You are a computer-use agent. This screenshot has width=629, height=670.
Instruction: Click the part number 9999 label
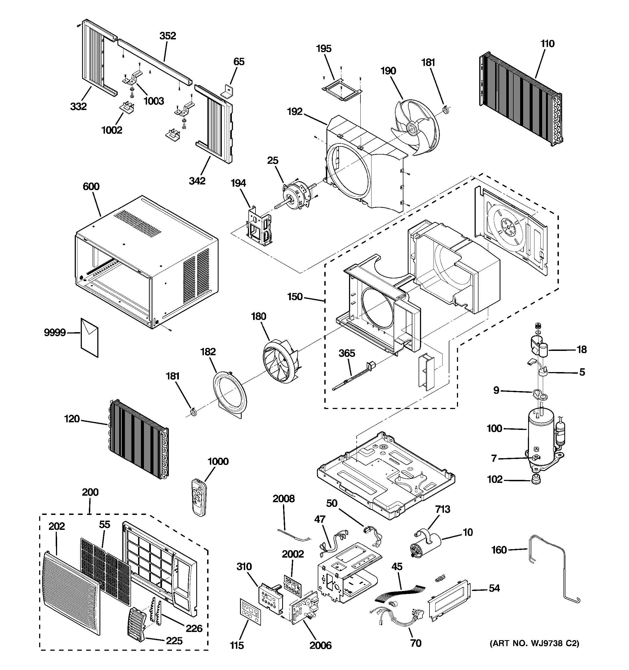55,333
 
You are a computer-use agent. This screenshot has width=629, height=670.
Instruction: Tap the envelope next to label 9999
89,337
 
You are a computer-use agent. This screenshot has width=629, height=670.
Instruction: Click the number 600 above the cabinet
91,186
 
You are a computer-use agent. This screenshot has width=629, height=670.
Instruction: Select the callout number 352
168,36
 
